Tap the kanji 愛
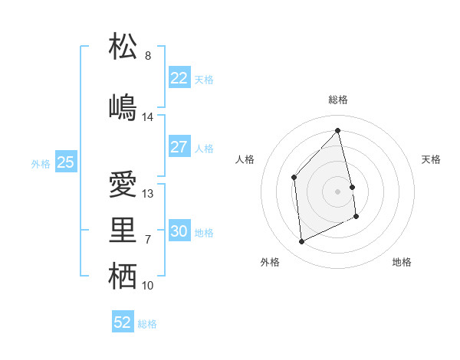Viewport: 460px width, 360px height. tap(123, 185)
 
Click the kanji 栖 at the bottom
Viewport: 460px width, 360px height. tap(123, 277)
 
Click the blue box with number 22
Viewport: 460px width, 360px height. tap(179, 78)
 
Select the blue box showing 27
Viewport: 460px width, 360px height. tap(179, 147)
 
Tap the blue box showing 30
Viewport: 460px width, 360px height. tap(179, 231)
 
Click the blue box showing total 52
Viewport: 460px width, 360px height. tap(123, 322)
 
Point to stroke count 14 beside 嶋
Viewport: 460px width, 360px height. tap(148, 117)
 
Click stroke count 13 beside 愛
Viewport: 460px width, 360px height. tap(148, 194)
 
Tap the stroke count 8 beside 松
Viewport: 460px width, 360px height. tap(148, 56)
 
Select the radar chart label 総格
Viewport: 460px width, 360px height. tap(338, 100)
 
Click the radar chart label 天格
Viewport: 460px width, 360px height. tap(431, 159)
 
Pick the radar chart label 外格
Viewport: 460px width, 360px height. tap(270, 262)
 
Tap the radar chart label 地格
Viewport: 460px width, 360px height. tap(402, 262)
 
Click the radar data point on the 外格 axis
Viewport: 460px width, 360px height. tap(301, 242)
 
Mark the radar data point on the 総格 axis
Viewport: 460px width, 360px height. tap(338, 131)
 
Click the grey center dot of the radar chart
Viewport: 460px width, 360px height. tap(338, 191)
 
